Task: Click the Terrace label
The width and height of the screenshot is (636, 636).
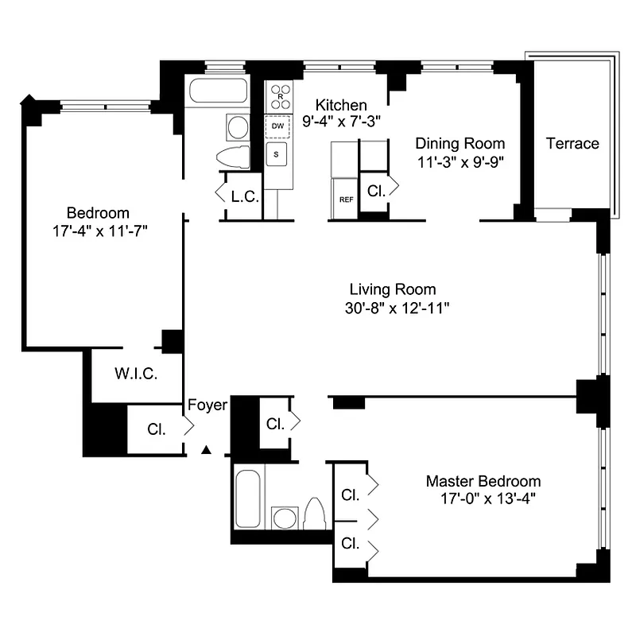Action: coord(572,144)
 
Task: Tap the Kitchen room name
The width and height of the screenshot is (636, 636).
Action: coord(341,105)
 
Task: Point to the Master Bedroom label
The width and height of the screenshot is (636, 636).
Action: coord(483,481)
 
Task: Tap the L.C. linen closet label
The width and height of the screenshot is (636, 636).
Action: coord(244,196)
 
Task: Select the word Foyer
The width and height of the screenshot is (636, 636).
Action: coord(207,405)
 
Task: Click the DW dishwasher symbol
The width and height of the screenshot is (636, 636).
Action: coord(277,126)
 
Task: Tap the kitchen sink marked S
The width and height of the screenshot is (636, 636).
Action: coord(277,154)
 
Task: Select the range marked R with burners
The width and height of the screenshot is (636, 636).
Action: coord(279,97)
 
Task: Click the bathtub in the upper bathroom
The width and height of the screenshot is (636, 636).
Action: coord(218,91)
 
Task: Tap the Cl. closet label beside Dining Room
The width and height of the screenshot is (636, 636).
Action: coord(375,191)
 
